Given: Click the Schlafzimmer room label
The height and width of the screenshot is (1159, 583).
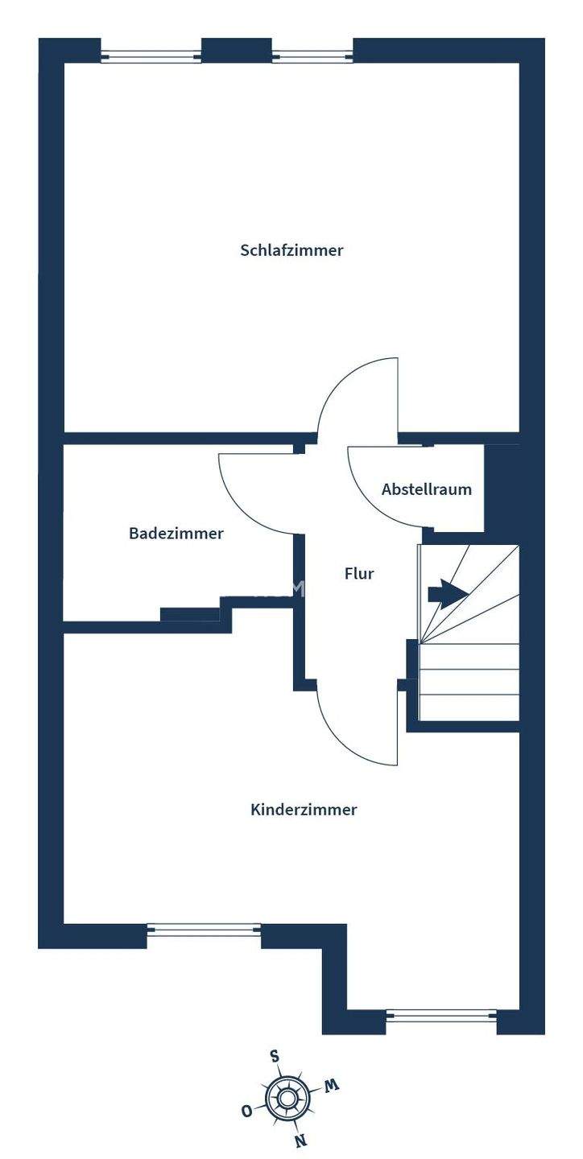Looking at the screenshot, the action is click(x=291, y=250).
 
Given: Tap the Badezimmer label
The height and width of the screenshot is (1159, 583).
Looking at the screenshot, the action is click(x=176, y=533).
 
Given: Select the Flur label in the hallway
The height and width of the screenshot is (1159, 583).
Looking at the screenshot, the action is click(x=359, y=574).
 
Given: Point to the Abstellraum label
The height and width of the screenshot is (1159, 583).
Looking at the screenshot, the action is click(x=427, y=489).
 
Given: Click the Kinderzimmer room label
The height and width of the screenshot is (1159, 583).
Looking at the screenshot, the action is click(x=304, y=810).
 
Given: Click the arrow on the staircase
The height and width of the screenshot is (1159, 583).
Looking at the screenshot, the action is click(x=448, y=595).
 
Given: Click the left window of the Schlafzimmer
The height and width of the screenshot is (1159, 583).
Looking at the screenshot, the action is click(x=151, y=56).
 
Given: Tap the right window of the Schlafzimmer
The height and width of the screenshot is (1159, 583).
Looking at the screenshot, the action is click(x=312, y=56).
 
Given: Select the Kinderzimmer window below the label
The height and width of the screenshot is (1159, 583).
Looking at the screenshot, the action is click(x=204, y=930).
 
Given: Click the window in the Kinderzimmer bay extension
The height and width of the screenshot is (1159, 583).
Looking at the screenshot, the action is click(x=441, y=1016).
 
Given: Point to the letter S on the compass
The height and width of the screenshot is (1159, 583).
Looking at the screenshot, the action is click(x=275, y=1057).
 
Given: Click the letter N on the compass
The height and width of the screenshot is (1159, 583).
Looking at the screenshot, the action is click(x=300, y=1140).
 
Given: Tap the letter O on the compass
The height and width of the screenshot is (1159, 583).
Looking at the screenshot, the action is click(x=246, y=1111).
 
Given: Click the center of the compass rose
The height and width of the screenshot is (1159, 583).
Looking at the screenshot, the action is click(x=287, y=1098).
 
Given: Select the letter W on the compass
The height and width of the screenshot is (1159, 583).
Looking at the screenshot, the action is click(x=331, y=1086).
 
